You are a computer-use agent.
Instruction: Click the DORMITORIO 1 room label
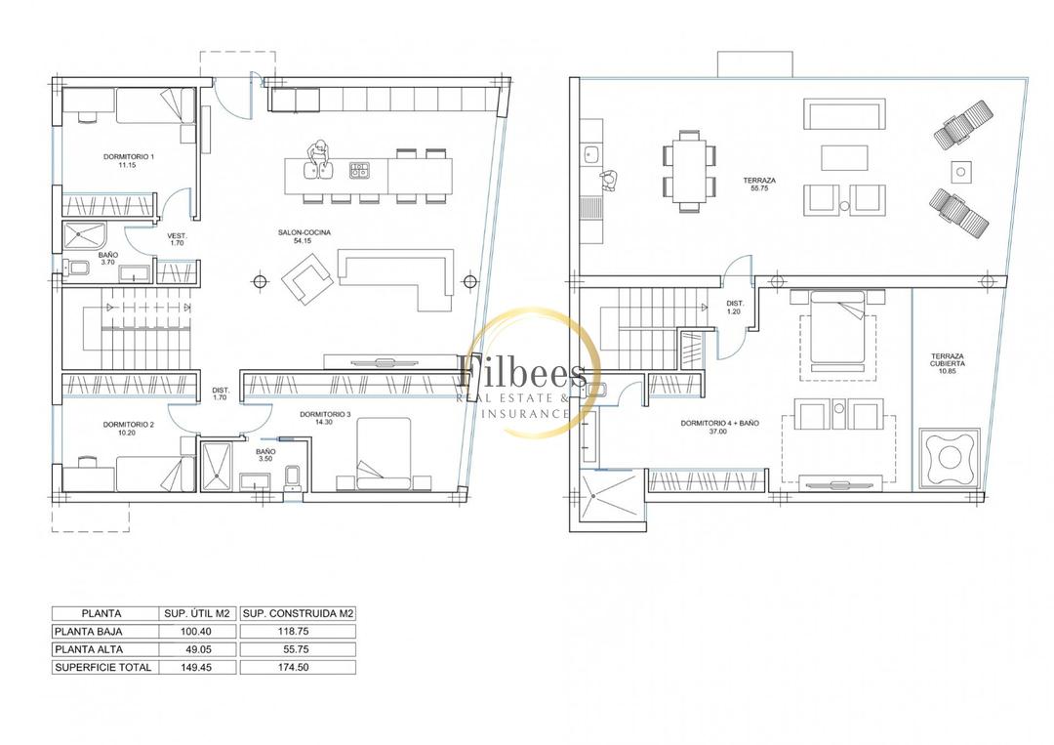pos(129,160)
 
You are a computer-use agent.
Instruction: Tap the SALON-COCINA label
pos(304,236)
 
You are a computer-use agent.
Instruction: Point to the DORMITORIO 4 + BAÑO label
pos(719,427)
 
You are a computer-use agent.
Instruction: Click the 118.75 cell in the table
pos(297,632)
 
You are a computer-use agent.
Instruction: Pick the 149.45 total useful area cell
pos(197,667)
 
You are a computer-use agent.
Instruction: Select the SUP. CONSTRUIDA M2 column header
pos(298,613)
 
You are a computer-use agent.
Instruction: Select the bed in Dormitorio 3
pos(384,453)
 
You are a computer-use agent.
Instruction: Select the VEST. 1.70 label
pos(177,239)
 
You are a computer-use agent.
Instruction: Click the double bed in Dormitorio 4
pos(837,331)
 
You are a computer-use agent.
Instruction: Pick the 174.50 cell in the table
pos(297,667)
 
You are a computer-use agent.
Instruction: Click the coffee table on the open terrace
pos(844,158)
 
